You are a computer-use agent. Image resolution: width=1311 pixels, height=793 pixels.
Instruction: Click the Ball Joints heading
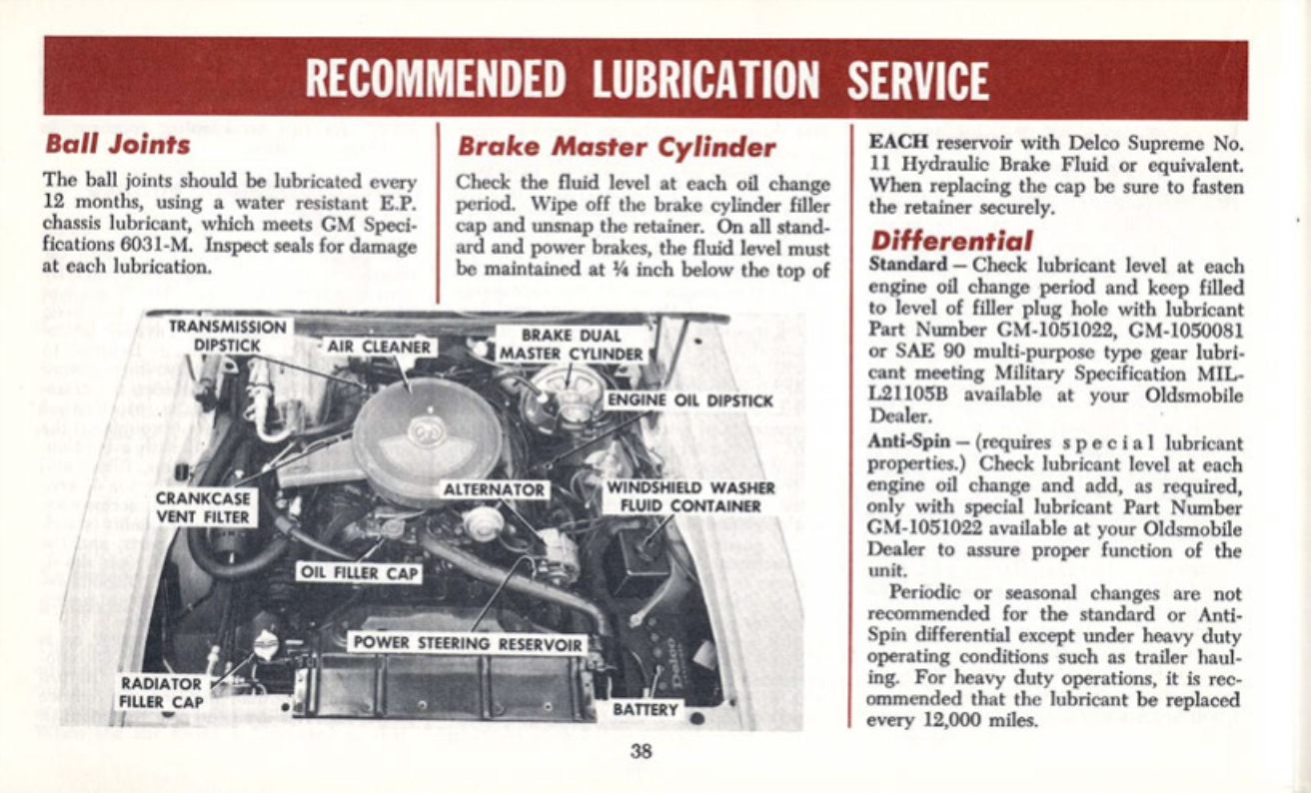pyautogui.click(x=118, y=145)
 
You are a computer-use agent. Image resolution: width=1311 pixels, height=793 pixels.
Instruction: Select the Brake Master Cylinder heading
pyautogui.click(x=616, y=148)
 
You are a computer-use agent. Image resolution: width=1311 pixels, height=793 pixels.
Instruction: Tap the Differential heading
pyautogui.click(x=951, y=242)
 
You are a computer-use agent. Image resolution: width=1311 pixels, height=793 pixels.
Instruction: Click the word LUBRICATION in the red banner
pyautogui.click(x=706, y=80)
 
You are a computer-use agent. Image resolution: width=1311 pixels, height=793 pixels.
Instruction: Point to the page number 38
pyautogui.click(x=641, y=752)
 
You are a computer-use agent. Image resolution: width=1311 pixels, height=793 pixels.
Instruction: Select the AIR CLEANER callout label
pyautogui.click(x=382, y=348)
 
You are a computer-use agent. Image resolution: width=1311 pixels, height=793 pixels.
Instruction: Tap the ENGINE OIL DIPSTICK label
pyautogui.click(x=689, y=401)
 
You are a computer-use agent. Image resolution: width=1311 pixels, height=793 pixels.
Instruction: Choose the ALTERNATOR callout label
pyautogui.click(x=496, y=491)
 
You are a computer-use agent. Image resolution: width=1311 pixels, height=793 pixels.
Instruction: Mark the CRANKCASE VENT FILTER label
pyautogui.click(x=205, y=507)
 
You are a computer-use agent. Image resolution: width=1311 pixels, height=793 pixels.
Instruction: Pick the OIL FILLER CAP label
pyautogui.click(x=360, y=573)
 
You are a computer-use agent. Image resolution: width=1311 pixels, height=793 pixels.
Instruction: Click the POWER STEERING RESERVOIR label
pyautogui.click(x=467, y=643)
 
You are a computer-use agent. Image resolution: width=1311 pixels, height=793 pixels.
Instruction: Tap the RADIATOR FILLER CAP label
pyautogui.click(x=163, y=692)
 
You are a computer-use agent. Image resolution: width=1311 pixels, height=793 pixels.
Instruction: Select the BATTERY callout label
pyautogui.click(x=646, y=709)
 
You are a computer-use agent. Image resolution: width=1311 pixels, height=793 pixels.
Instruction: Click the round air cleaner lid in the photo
pyautogui.click(x=428, y=437)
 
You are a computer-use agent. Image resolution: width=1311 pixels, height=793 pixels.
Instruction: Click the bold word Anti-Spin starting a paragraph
pyautogui.click(x=901, y=441)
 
